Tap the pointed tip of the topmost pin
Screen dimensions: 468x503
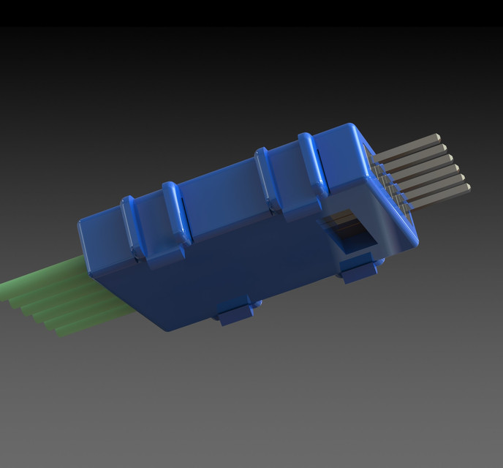[x=437, y=136]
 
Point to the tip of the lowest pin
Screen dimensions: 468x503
[x=466, y=188]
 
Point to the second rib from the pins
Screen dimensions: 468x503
[x=265, y=179]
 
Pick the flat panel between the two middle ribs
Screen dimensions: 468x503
[x=219, y=197]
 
